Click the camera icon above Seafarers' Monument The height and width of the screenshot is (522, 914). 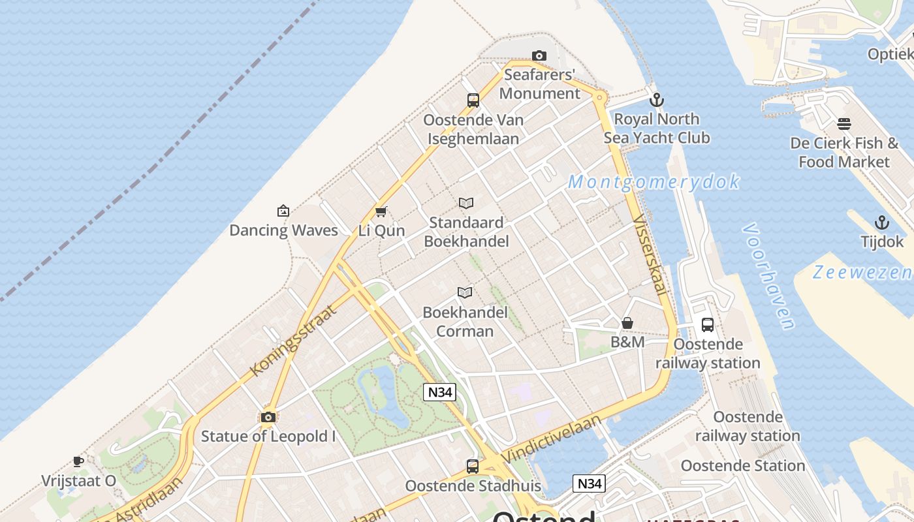(x=539, y=56)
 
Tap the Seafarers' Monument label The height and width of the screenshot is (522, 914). (x=539, y=84)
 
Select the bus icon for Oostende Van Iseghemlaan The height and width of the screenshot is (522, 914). (x=473, y=100)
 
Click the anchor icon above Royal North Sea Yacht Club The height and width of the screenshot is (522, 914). (x=657, y=100)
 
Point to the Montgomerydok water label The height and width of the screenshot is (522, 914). (x=654, y=182)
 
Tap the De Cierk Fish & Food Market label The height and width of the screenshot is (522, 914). (x=844, y=152)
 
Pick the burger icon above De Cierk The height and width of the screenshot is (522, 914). (x=844, y=124)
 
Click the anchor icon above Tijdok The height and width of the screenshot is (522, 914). (x=882, y=223)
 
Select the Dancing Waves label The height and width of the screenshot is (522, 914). (x=283, y=230)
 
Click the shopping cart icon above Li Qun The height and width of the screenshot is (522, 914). (x=381, y=211)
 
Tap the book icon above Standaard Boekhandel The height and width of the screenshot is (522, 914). (x=465, y=204)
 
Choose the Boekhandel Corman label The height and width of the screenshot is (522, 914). (x=465, y=322)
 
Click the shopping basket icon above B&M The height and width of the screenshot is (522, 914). (x=627, y=323)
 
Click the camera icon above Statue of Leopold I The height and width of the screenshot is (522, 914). (x=268, y=417)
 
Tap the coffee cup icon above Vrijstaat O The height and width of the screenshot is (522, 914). (x=78, y=462)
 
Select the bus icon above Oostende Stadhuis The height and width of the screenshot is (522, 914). (x=473, y=467)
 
